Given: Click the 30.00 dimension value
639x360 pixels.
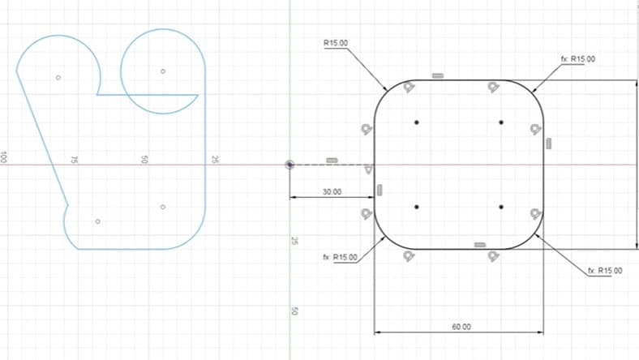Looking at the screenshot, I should pos(332,192).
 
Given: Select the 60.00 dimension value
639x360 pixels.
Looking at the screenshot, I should pos(461,327).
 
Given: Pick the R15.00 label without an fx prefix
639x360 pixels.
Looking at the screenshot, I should pos(335,43).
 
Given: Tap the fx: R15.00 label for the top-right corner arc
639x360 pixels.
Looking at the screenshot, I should pos(577,59).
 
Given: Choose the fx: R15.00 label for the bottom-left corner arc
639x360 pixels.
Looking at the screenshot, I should pos(340,257).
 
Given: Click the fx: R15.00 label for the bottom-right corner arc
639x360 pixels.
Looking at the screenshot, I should pos(605,270).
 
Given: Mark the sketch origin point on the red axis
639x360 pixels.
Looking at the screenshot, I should pos(290,165).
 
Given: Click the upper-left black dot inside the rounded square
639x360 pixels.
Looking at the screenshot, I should pos(416,122).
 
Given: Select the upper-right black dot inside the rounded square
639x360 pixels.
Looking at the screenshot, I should pos(502,122).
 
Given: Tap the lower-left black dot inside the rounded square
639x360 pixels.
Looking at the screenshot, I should pos(416,208).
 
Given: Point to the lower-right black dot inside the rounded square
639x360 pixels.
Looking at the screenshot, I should pos(502,208).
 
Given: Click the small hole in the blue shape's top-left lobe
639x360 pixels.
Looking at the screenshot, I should pos(58,78).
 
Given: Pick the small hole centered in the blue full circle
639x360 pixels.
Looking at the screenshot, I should pos(163,71).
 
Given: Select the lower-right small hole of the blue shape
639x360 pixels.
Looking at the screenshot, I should pos(163,207).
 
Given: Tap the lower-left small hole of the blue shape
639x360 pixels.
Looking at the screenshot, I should pos(97,221).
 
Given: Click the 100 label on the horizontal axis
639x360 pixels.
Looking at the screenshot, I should pos(4,157).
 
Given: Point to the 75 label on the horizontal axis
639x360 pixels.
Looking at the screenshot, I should pos(74,161).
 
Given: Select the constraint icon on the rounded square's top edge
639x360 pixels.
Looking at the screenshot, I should pos(438,75).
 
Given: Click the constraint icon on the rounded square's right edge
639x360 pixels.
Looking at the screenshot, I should pos(549,144).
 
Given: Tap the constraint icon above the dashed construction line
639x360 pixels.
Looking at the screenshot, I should pos(331,160).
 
